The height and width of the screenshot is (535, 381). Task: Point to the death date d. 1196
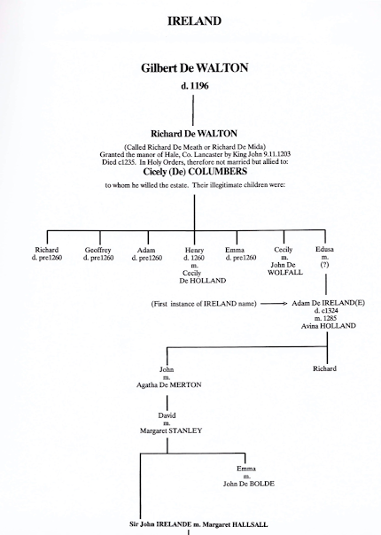193,86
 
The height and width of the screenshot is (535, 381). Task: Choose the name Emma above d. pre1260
235,250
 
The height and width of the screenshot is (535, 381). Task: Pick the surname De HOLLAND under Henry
194,282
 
